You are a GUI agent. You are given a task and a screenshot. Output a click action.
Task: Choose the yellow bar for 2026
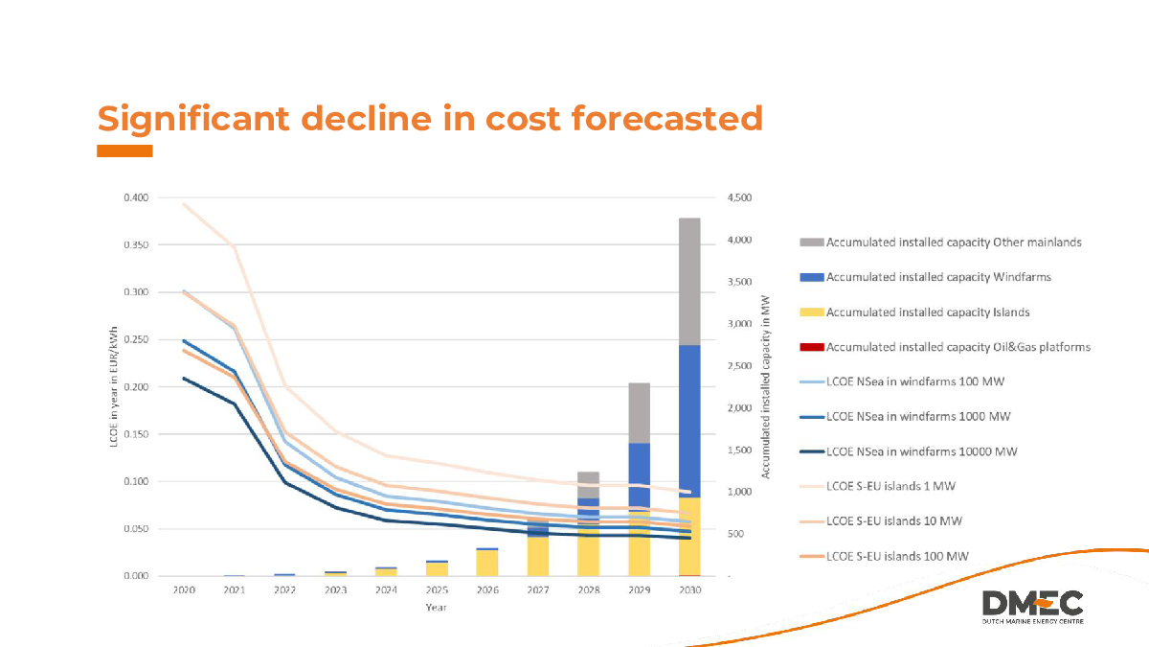tap(487, 563)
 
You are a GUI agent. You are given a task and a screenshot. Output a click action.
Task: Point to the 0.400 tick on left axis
tap(136, 197)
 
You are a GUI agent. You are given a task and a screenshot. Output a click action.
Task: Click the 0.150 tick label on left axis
tap(136, 434)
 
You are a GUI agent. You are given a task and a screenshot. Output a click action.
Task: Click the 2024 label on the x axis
tap(386, 590)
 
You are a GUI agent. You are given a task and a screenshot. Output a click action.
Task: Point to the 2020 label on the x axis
tap(184, 590)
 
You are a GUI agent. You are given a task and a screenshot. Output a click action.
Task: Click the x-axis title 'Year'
tap(437, 608)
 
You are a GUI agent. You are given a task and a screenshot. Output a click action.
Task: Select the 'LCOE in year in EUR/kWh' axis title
tap(114, 385)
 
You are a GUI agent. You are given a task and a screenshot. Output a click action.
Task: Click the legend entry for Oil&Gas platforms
tap(957, 347)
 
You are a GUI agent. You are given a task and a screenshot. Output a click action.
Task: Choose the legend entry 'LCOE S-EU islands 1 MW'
tap(890, 486)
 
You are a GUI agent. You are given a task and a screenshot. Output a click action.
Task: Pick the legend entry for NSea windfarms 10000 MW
tap(921, 451)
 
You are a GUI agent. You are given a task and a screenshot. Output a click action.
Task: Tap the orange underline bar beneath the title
tap(124, 151)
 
